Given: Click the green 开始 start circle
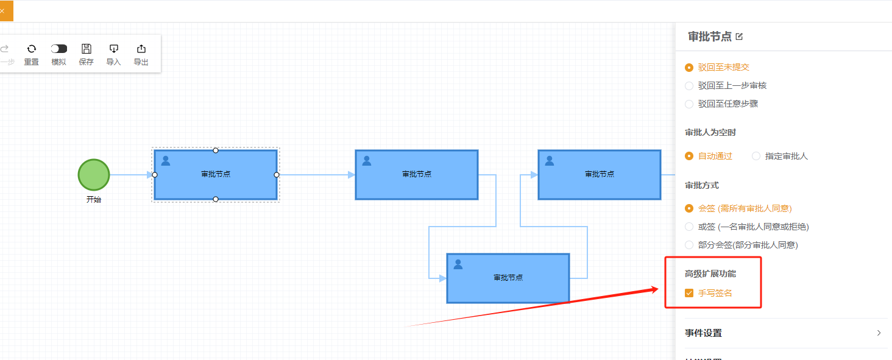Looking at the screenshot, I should pyautogui.click(x=94, y=175).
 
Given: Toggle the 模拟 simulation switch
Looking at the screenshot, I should pyautogui.click(x=59, y=49).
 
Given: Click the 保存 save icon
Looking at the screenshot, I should pyautogui.click(x=87, y=49).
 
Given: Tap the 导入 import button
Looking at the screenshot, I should pyautogui.click(x=114, y=49).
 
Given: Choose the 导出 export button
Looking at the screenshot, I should pyautogui.click(x=141, y=49).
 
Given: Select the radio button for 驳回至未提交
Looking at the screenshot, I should pyautogui.click(x=689, y=68).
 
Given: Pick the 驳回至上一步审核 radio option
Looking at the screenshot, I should pyautogui.click(x=689, y=86).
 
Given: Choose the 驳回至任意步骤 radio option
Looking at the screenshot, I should pyautogui.click(x=689, y=104).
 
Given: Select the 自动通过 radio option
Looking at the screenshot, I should pyautogui.click(x=689, y=156).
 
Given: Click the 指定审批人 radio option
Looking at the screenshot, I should pyautogui.click(x=756, y=156).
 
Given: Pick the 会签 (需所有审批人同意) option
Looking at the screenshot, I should pyautogui.click(x=689, y=208).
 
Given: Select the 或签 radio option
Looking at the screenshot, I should pyautogui.click(x=689, y=227).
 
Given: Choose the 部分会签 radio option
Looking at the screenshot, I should pyautogui.click(x=689, y=245).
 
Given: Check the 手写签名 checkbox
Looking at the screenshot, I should pyautogui.click(x=689, y=293).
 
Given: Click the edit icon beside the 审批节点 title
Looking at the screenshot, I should pyautogui.click(x=740, y=37).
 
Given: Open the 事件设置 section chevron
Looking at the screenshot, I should pyautogui.click(x=879, y=333).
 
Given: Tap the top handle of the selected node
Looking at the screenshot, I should pyautogui.click(x=216, y=150).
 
